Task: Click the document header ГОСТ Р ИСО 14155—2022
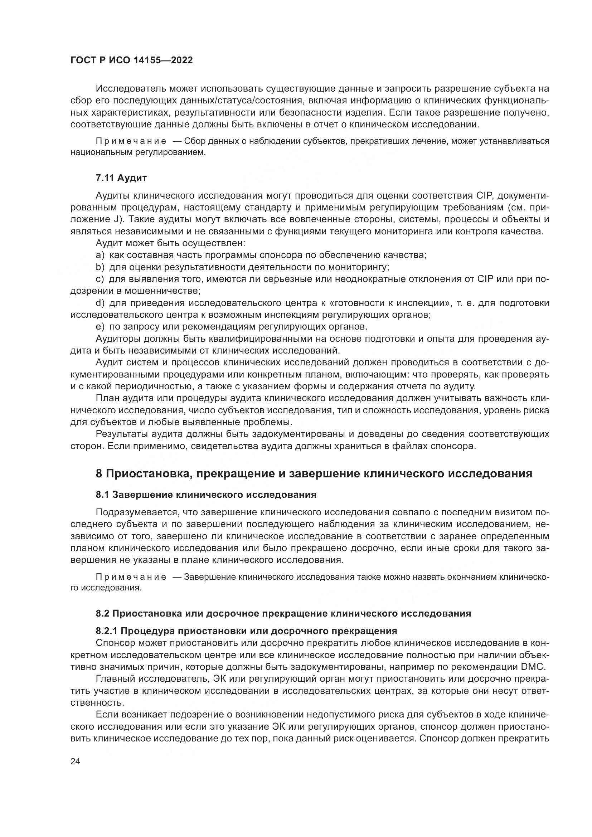pos(131,60)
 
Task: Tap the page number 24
pos(75,761)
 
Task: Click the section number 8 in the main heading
pos(99,473)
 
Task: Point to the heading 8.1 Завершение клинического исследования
pos(206,495)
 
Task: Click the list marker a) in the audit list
pos(100,255)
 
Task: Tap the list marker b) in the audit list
pos(100,267)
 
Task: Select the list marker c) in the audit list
pos(100,279)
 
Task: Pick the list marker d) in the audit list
pos(100,303)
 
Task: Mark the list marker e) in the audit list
pos(100,326)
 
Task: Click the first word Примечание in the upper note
pos(131,141)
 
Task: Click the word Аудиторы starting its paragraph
pos(117,338)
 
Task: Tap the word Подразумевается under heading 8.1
pos(137,512)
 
